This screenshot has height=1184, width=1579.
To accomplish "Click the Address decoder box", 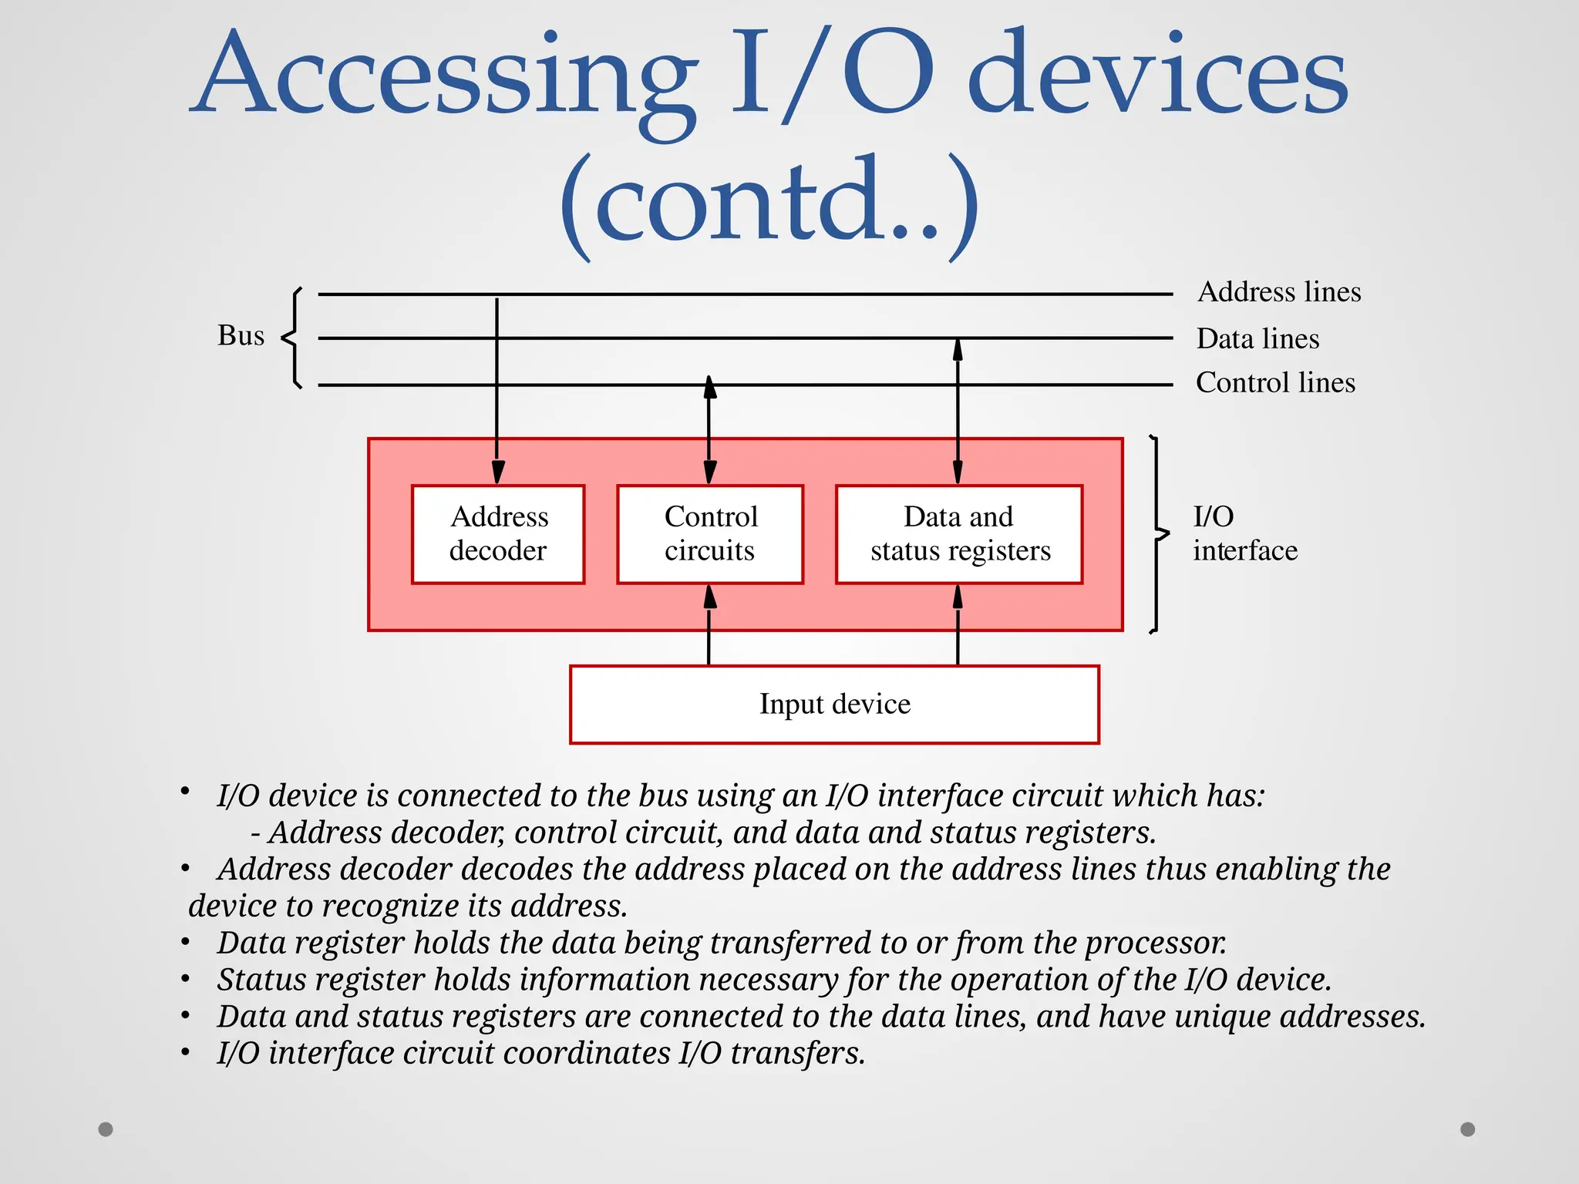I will coord(498,533).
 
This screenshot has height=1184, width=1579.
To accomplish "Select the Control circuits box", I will coord(710,533).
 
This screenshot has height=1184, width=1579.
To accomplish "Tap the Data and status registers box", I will coord(959,533).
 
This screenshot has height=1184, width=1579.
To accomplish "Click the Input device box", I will coord(834,705).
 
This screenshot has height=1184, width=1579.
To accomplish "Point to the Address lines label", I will coord(1279,292).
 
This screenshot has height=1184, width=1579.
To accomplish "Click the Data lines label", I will coord(1257,338).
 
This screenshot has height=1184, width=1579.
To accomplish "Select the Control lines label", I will coord(1275,382).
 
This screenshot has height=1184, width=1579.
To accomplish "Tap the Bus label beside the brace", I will coord(241,335).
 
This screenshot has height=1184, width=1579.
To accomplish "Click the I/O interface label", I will coord(1244,533).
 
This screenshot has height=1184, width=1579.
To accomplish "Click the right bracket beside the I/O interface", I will coord(1157,533).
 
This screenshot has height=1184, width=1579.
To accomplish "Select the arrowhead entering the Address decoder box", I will coord(498,472).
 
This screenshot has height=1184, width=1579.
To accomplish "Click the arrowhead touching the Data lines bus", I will coord(958,351).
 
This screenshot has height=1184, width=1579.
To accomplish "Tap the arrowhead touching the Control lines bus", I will coord(710,387).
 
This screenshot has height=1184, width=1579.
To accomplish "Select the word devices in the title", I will coord(1156,77).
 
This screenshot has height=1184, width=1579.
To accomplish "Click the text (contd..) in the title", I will coord(769,204).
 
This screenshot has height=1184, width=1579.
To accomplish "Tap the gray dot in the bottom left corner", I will coord(106,1129).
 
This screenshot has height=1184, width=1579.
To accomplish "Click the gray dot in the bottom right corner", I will coord(1468,1129).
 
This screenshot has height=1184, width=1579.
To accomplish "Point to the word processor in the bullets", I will coord(1156,943).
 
